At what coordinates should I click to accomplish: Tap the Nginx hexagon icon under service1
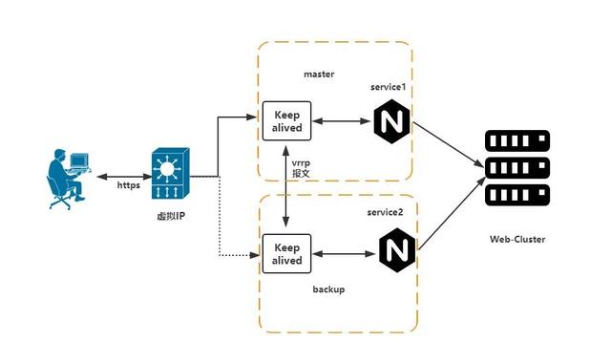389,122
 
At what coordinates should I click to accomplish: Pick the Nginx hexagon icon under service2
395,252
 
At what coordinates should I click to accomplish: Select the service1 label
390,87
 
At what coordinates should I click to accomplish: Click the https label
129,185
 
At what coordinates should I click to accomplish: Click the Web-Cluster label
516,239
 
